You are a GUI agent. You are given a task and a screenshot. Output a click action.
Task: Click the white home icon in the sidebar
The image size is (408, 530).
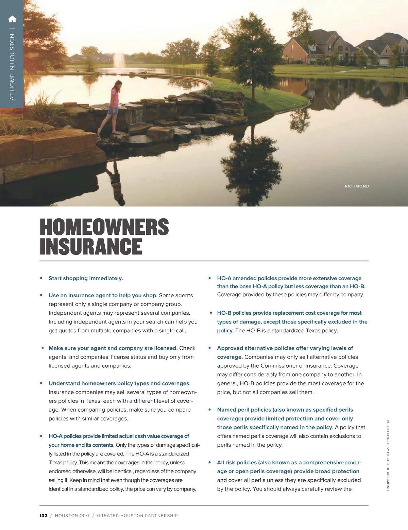(12, 19)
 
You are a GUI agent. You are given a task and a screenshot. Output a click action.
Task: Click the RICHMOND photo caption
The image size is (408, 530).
(357, 186)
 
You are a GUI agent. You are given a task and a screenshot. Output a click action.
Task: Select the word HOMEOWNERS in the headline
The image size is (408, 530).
(104, 227)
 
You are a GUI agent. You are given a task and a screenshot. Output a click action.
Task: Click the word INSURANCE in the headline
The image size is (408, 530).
(91, 247)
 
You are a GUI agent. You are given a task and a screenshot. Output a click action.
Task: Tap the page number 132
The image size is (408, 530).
(43, 516)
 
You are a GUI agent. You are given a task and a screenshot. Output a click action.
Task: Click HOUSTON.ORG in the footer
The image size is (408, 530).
(72, 516)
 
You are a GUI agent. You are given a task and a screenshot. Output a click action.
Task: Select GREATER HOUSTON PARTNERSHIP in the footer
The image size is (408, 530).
(137, 516)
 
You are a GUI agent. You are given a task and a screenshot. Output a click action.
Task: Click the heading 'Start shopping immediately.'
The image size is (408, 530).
(86, 278)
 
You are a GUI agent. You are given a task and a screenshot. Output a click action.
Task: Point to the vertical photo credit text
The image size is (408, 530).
(388, 455)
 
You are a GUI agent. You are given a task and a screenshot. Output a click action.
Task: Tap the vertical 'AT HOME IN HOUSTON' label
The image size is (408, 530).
(13, 67)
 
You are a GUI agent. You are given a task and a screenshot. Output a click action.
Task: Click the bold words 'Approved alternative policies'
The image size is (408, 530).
(255, 348)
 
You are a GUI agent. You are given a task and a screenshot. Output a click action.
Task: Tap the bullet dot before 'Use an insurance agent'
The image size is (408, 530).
(41, 295)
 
